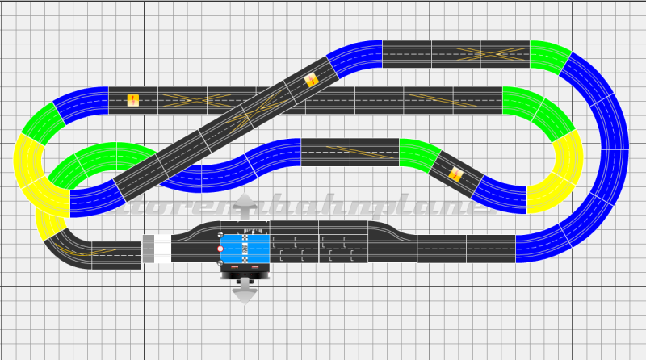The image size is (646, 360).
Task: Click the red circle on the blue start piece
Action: point(220,249)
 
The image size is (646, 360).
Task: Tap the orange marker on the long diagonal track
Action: point(312,80)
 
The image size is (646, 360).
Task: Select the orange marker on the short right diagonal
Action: point(456,174)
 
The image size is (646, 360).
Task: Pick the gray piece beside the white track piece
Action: point(148,249)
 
